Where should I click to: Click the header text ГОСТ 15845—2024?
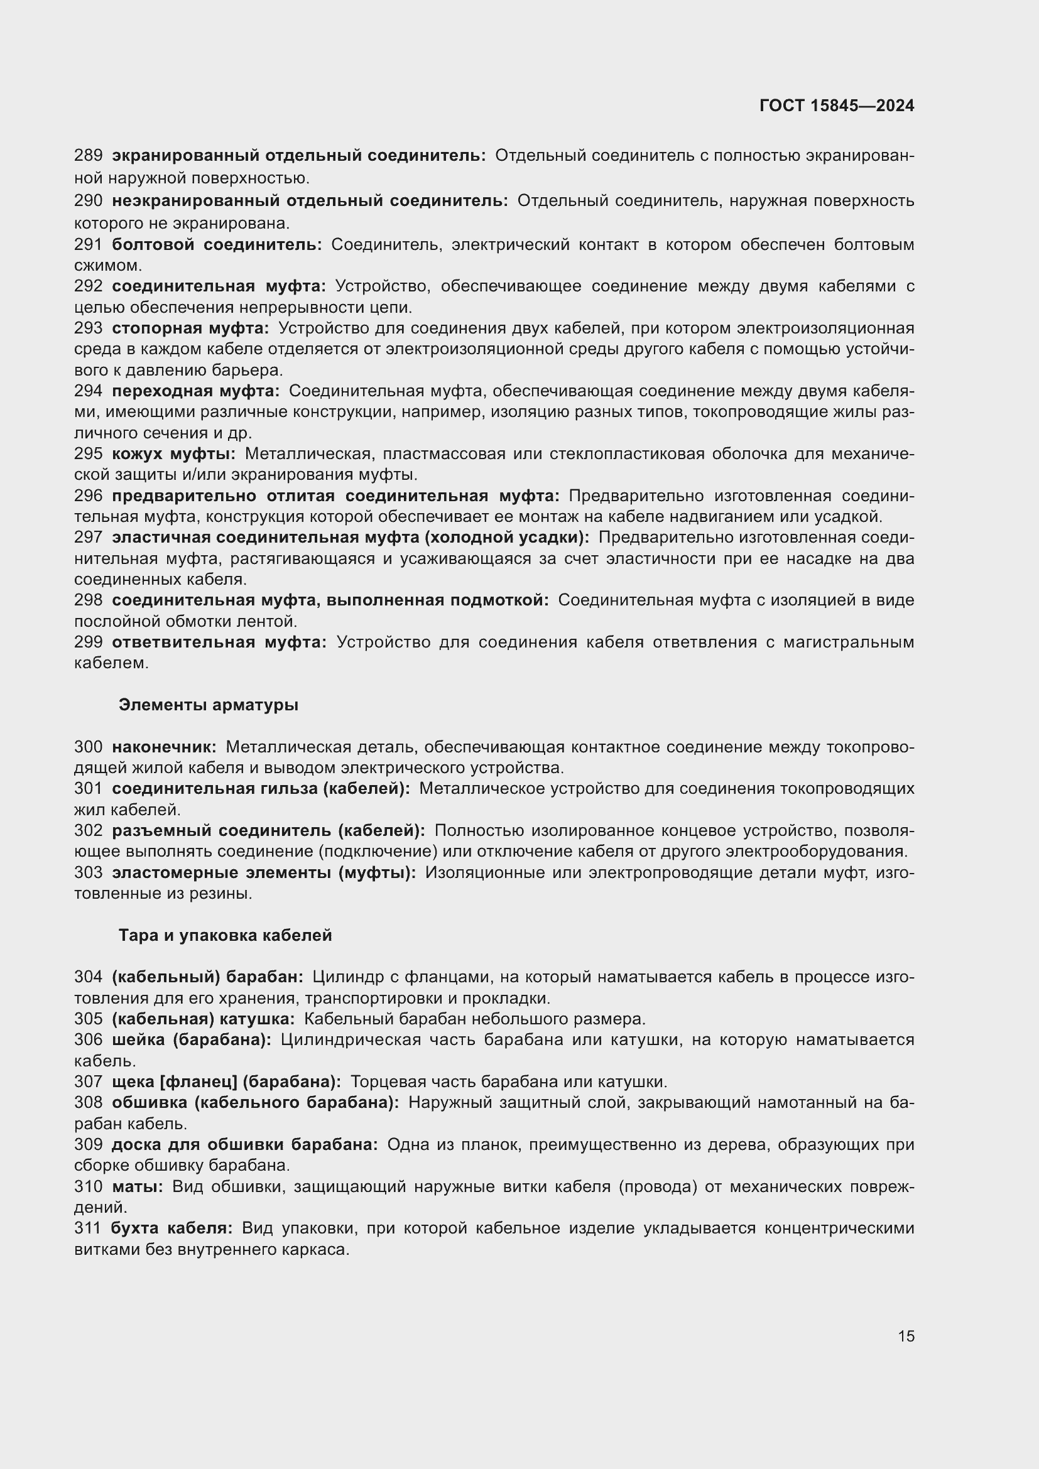coord(836,106)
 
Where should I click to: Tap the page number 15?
coord(906,1336)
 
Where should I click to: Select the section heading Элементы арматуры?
coord(208,705)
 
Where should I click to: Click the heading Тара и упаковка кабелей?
coord(226,935)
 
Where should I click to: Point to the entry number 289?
coord(89,156)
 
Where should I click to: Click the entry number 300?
coord(89,747)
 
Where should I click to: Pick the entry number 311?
coord(89,1228)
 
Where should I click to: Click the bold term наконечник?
coord(164,747)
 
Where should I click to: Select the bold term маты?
coord(137,1187)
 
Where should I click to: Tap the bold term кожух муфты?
coord(173,453)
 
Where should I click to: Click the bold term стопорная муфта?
coord(190,328)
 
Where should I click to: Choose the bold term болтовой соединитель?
coord(216,244)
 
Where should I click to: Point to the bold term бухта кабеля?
coord(171,1228)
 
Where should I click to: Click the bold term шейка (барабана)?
coord(192,1039)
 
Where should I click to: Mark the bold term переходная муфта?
coord(195,391)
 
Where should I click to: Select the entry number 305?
coord(89,1019)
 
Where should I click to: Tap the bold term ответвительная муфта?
coord(219,642)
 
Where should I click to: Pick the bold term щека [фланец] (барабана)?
coord(226,1082)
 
